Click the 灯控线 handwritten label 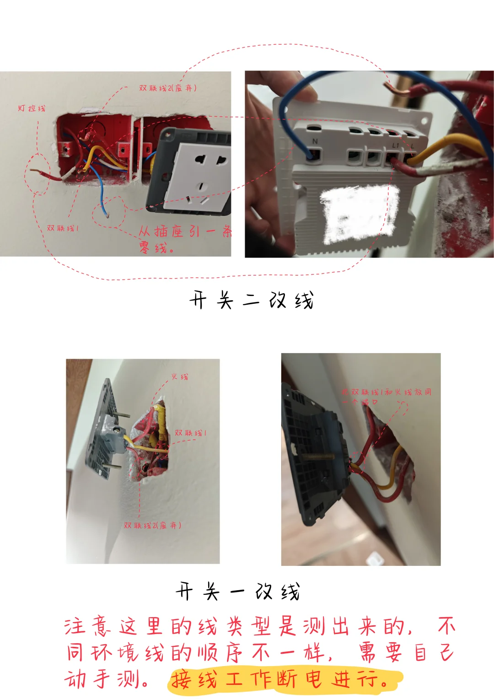click(32, 108)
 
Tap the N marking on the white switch click(315, 141)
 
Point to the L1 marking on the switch click(395, 145)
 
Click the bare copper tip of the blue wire click(107, 214)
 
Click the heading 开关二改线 click(252, 301)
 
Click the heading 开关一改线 click(238, 591)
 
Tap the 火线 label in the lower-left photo click(180, 377)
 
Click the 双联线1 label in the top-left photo click(63, 228)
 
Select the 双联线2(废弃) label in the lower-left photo click(152, 525)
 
